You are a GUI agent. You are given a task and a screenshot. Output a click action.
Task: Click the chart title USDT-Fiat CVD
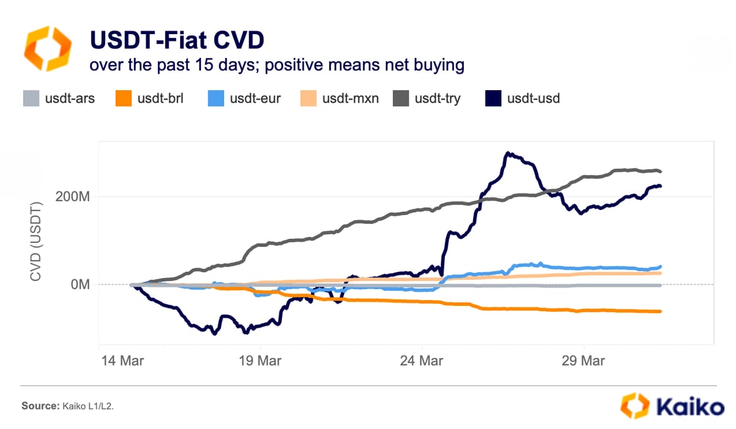(x=177, y=40)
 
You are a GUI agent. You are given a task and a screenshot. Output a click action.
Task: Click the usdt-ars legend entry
(x=58, y=99)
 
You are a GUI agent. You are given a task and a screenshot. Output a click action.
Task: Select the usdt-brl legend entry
(x=150, y=99)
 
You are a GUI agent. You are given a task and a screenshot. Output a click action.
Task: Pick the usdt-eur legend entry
(x=244, y=99)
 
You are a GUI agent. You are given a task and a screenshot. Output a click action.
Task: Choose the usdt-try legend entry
(x=426, y=99)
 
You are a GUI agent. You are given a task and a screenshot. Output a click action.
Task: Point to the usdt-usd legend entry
(x=522, y=99)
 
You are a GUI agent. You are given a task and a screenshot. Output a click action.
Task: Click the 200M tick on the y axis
(x=75, y=196)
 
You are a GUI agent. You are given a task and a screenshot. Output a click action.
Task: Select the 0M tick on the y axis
(x=81, y=285)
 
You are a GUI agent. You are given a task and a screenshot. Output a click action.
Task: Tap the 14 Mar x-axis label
(x=123, y=361)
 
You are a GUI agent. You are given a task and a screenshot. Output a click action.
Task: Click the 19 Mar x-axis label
(x=261, y=361)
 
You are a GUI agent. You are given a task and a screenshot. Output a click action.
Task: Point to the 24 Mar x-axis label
(x=422, y=361)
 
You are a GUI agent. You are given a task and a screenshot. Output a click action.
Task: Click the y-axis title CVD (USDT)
(x=36, y=241)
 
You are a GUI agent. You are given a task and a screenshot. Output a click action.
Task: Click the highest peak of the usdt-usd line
(x=507, y=153)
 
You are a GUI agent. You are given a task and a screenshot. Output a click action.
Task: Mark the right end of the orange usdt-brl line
(x=660, y=311)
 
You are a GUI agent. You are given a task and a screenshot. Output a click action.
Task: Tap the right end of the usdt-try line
(x=660, y=172)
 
